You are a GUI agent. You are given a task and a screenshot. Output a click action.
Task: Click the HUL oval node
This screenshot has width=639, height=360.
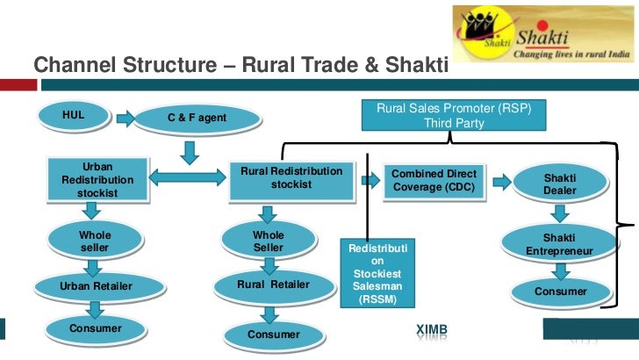74,116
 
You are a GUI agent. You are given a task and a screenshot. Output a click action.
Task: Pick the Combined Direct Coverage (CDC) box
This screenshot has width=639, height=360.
434,181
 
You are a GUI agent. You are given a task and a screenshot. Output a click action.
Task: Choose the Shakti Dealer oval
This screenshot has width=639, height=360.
559,183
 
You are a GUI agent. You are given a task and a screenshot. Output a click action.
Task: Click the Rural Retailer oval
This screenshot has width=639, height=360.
273,285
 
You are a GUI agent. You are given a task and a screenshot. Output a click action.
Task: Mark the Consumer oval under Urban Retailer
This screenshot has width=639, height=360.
94,329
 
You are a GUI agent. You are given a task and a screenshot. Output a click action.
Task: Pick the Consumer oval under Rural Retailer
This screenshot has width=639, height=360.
273,335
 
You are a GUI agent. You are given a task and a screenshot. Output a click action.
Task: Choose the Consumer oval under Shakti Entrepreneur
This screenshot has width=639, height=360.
560,291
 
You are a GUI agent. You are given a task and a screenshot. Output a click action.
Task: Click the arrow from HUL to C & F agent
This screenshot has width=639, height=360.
126,118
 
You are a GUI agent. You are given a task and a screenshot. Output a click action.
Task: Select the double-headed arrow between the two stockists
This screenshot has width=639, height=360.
188,178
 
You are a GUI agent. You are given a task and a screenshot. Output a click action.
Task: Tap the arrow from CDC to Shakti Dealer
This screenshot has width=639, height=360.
502,182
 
